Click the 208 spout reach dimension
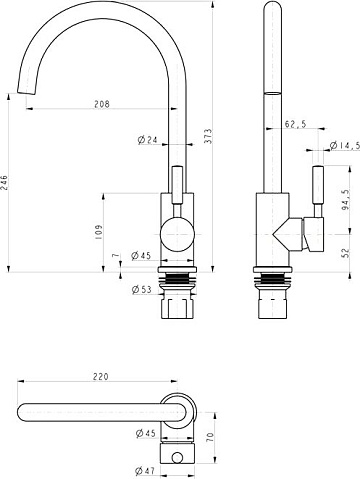pyautogui.click(x=102, y=104)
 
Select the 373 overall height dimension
pyautogui.click(x=208, y=136)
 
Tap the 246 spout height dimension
pyautogui.click(x=4, y=182)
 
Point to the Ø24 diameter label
pyautogui.click(x=147, y=140)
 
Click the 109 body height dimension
pyautogui.click(x=99, y=232)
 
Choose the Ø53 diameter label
pyautogui.click(x=141, y=289)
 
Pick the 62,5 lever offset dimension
pyautogui.click(x=295, y=124)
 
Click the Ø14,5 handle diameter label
pyautogui.click(x=345, y=145)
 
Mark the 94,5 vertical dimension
pyautogui.click(x=346, y=200)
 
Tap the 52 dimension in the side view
pyautogui.click(x=346, y=252)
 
